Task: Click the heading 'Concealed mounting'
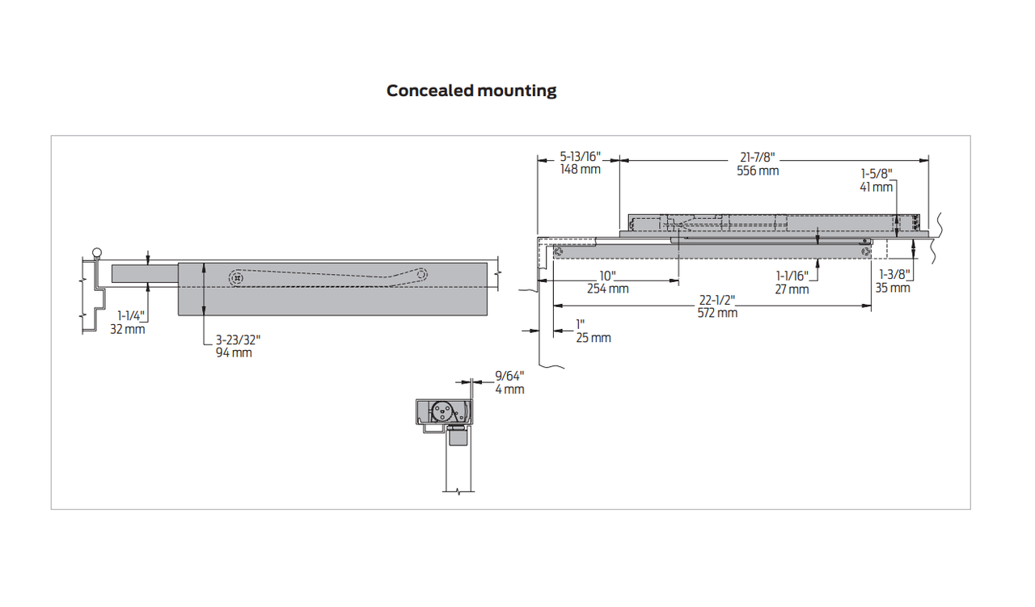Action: pos(471,91)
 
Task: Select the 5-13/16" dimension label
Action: pos(580,157)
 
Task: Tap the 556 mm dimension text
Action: pos(758,171)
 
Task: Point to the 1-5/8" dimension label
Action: pos(877,173)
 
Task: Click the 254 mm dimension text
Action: pos(607,289)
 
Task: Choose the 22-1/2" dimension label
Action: pos(717,300)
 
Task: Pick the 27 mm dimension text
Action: pos(792,289)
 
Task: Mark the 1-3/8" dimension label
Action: pos(893,275)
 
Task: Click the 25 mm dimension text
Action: pos(594,337)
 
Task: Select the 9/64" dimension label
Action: pos(509,376)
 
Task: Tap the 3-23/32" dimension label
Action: pos(238,340)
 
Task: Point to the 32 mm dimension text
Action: pos(128,329)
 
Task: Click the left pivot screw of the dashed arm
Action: pos(235,279)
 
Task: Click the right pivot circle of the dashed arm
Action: pos(422,275)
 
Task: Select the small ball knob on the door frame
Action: pos(98,251)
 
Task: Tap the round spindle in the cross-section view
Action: pos(441,411)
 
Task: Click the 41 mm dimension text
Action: pos(877,187)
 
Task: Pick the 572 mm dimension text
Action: pos(717,313)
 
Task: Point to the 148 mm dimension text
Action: pos(580,170)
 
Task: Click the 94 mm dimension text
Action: pos(234,353)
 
